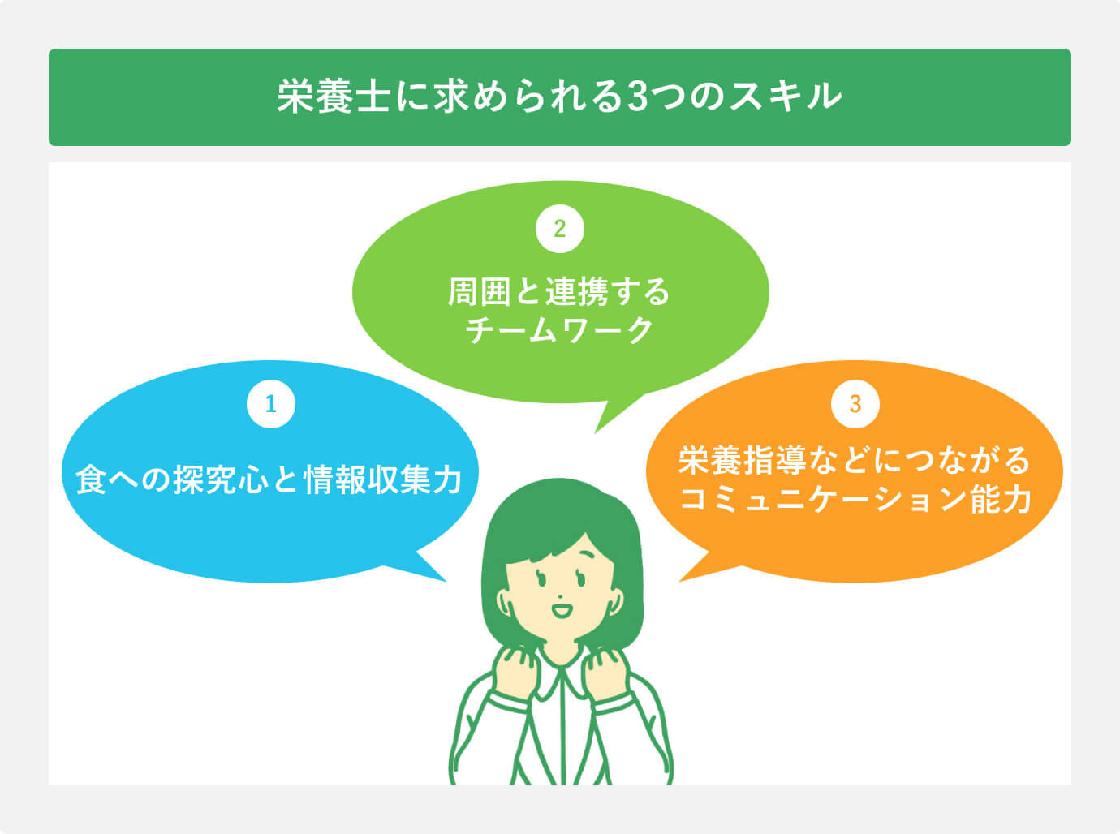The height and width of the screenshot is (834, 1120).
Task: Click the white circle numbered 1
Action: (270, 404)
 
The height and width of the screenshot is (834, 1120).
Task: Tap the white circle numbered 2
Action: (559, 229)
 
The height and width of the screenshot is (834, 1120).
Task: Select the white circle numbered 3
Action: (855, 404)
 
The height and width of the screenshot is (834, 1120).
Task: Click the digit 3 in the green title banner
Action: (636, 97)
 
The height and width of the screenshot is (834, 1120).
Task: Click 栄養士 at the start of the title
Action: (334, 96)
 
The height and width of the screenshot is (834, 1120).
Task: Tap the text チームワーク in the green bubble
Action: (559, 331)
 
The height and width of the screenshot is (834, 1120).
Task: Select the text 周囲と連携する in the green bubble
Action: (559, 292)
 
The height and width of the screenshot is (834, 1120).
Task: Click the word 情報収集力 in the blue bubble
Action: (383, 479)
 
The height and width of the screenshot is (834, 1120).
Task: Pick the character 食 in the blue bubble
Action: (92, 479)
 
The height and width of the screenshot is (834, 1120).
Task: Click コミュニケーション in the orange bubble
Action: (824, 499)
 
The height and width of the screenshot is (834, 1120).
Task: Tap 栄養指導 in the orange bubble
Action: (742, 460)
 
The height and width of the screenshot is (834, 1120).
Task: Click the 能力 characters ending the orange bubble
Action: (1001, 499)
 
